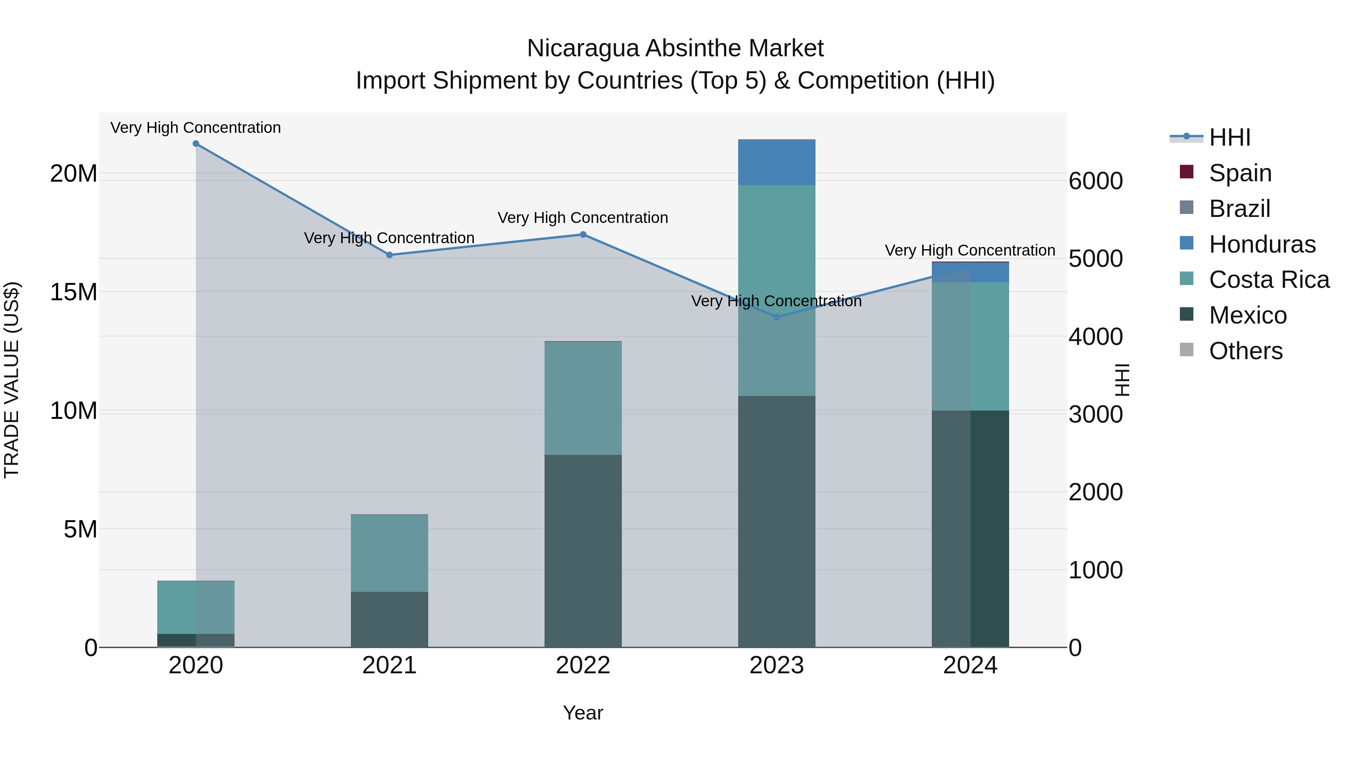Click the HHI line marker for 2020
(x=196, y=144)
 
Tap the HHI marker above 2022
(x=583, y=235)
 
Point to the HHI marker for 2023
(x=777, y=317)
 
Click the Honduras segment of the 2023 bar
(x=777, y=163)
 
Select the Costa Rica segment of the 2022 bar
(x=583, y=398)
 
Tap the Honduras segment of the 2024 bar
(x=970, y=272)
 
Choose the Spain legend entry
(x=1240, y=173)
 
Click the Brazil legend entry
(x=1239, y=209)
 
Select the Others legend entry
(x=1246, y=351)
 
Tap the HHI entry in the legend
(x=1229, y=137)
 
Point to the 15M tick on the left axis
(x=74, y=292)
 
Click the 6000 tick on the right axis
(x=1095, y=181)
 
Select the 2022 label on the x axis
(x=583, y=665)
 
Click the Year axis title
(x=583, y=713)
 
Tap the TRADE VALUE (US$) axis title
(x=12, y=380)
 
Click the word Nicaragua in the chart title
(x=583, y=48)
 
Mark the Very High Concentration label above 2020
(x=196, y=128)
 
